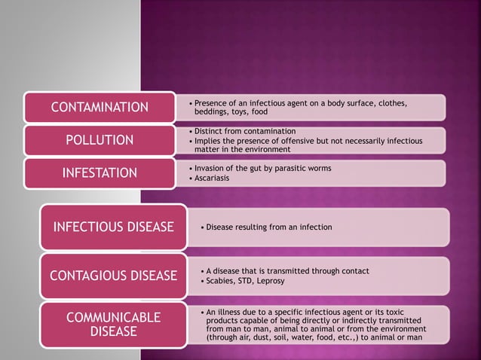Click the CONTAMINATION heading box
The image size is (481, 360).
[99, 107]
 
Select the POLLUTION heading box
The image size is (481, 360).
[99, 140]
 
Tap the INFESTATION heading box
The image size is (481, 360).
[99, 173]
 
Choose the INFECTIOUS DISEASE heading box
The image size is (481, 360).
[113, 227]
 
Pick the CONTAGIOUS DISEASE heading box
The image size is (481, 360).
[113, 276]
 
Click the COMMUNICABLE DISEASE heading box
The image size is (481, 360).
[113, 324]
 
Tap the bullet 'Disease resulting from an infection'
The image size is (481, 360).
[268, 227]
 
